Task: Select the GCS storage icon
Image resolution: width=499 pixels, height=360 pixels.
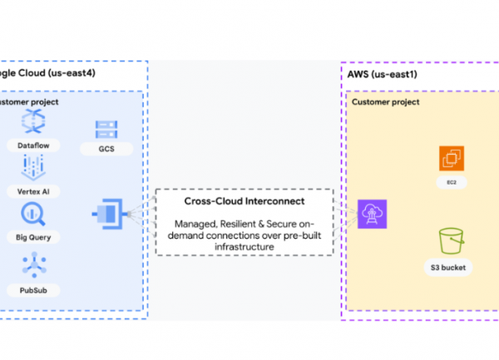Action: (x=106, y=130)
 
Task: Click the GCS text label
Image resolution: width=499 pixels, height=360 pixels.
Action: (x=106, y=150)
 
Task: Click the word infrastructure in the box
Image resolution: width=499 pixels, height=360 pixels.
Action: (x=244, y=247)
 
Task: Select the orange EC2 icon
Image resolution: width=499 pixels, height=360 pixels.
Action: (x=451, y=158)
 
